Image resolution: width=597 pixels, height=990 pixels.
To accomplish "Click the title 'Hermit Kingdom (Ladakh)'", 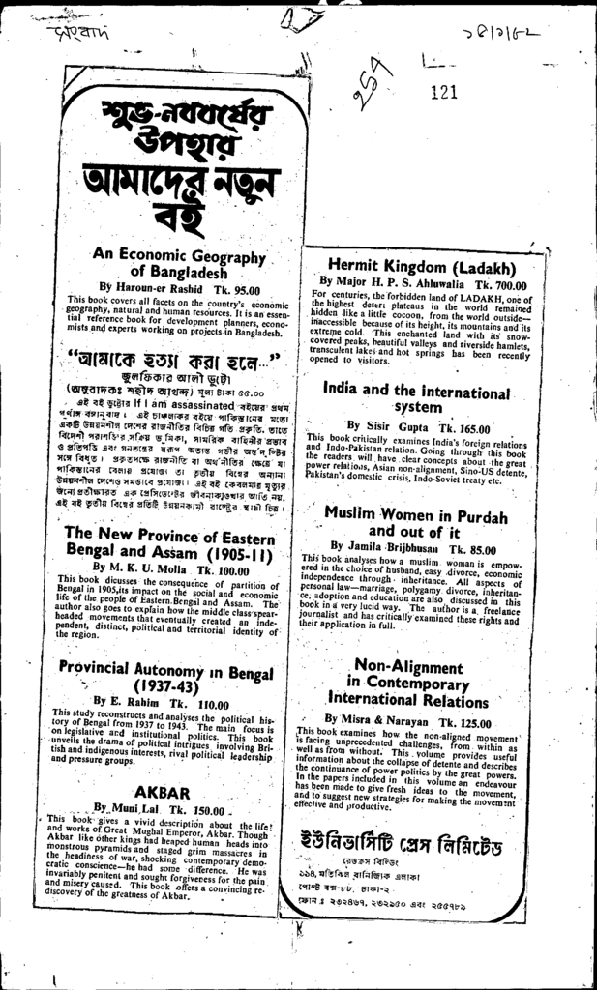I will (421, 266).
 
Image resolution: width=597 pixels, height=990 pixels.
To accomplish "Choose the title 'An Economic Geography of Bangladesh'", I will (179, 264).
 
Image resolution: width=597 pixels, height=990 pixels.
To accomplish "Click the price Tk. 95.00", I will (234, 288).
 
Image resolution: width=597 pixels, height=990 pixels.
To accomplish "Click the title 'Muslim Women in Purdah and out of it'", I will (415, 523).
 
